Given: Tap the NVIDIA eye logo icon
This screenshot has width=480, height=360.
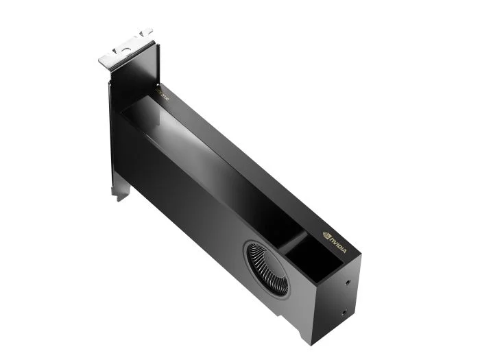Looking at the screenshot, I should tap(326, 234).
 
